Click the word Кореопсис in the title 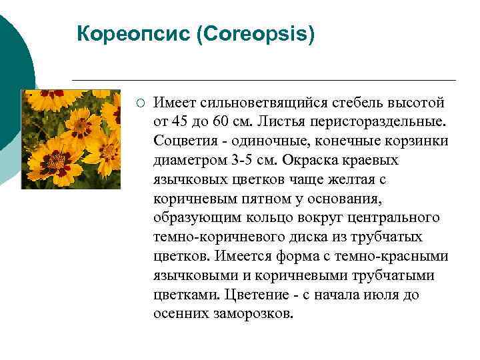click(x=133, y=33)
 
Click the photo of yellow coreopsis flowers click(x=71, y=139)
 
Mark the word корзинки click(x=414, y=142)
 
